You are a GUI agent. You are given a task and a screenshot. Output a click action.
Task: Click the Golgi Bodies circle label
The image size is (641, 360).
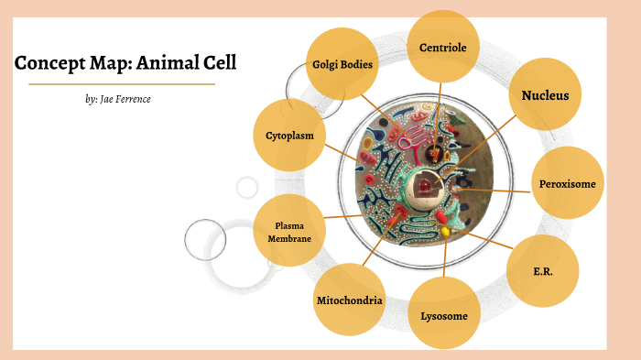tap(342, 64)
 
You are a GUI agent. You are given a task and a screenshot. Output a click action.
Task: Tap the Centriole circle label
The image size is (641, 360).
tap(444, 47)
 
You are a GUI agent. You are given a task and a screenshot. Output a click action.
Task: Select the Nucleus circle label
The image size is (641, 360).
tap(545, 95)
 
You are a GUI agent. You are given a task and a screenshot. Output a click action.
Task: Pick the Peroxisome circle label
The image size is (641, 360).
tap(568, 183)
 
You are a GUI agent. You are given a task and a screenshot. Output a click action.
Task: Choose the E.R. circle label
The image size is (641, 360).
tap(542, 271)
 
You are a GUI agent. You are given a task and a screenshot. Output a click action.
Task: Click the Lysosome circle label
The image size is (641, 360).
tap(444, 315)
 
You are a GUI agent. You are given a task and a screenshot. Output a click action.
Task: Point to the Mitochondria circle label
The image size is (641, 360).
tap(349, 300)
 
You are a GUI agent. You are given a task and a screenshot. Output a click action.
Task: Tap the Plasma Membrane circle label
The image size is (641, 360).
tap(289, 232)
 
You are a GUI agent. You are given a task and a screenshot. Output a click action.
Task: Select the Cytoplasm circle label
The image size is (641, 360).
tap(289, 136)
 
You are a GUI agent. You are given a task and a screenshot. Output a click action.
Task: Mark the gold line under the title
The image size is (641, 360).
tap(122, 84)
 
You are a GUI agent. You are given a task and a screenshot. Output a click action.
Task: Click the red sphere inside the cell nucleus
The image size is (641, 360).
tap(427, 186)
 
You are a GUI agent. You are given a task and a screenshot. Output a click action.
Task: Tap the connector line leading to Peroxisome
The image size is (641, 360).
tap(494, 190)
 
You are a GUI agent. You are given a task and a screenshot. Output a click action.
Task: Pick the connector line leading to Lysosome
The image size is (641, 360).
tap(445, 261)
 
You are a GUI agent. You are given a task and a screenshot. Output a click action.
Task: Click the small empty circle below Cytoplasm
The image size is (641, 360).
tap(247, 188)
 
